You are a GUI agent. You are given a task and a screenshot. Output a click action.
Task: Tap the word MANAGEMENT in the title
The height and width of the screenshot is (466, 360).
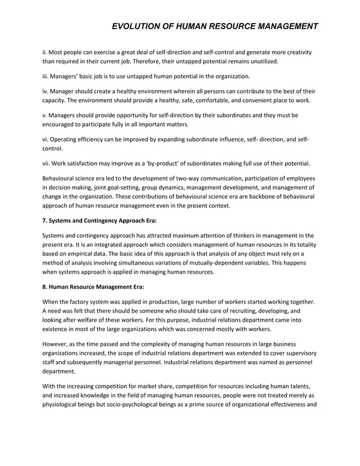point(281,27)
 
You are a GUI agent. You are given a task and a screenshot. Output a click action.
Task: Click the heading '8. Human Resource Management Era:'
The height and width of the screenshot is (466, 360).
point(94,287)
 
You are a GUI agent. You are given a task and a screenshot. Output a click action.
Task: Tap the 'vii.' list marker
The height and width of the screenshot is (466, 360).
point(48,164)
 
